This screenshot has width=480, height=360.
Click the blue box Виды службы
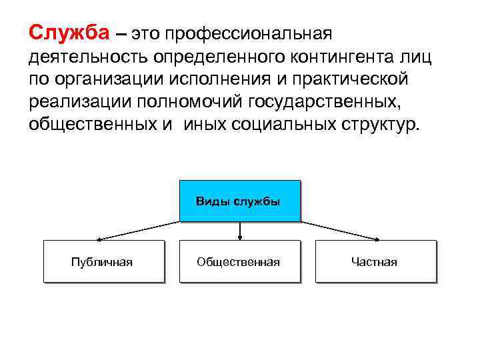[239, 201]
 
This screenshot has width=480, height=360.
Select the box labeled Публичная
[103, 261]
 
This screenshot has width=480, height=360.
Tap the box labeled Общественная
[239, 261]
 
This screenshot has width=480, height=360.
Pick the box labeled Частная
[375, 261]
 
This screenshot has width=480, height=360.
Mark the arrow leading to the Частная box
[341, 230]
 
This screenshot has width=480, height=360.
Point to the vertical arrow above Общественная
[240, 230]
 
